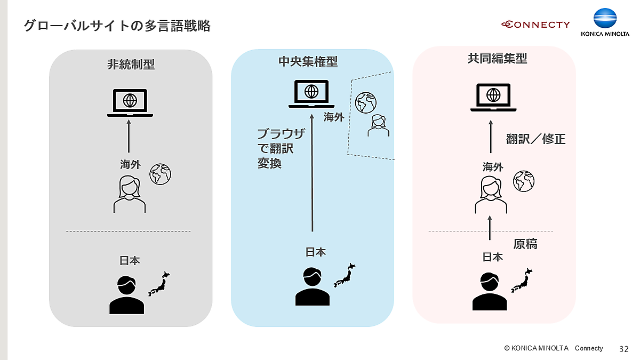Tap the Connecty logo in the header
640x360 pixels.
coord(535,25)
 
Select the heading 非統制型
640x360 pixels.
coord(131,65)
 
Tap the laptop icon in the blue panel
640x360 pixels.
coord(311,94)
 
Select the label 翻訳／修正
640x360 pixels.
coord(535,139)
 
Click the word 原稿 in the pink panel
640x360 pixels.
coord(525,244)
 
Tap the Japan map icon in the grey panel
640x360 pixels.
coord(159,284)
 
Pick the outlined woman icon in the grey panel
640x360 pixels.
coord(130,195)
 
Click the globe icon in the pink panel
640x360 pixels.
coord(524,181)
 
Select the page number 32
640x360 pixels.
coord(623,349)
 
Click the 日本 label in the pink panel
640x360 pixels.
coord(492,257)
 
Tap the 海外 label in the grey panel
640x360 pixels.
coord(130,165)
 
